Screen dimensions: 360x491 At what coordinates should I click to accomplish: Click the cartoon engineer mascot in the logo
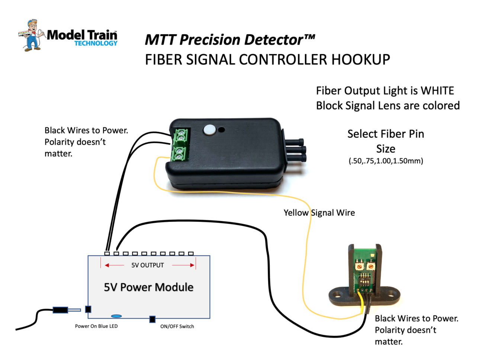click(x=32, y=35)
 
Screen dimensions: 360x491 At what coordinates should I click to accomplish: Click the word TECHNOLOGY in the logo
click(x=96, y=44)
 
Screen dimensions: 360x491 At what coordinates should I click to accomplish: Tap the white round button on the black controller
click(x=209, y=129)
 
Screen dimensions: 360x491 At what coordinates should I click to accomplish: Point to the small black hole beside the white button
click(x=221, y=130)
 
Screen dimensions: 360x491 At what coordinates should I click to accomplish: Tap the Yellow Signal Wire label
click(x=319, y=213)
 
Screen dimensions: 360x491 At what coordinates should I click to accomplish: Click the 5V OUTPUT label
click(x=147, y=265)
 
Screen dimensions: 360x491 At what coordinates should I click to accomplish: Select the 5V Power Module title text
click(x=148, y=287)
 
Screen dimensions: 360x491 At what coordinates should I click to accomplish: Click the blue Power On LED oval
click(x=116, y=316)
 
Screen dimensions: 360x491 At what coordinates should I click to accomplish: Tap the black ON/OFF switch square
click(x=152, y=319)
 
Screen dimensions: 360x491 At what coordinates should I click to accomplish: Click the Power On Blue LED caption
click(x=96, y=326)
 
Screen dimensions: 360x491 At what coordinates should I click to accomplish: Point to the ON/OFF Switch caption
click(x=177, y=326)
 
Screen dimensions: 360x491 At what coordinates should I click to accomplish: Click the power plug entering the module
click(x=67, y=310)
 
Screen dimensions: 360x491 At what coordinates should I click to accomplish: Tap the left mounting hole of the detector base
click(x=338, y=294)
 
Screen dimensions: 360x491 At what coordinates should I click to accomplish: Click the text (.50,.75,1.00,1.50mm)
click(x=386, y=161)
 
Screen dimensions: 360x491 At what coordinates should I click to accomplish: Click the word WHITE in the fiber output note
click(x=437, y=91)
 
